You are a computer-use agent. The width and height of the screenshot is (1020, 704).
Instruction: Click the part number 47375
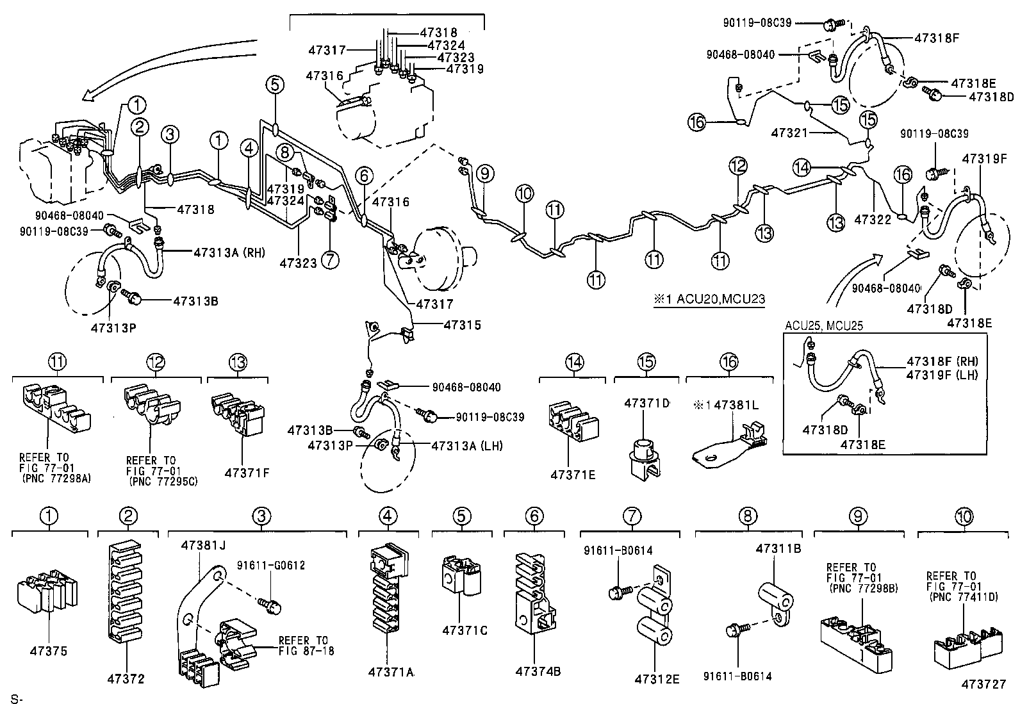click(48, 651)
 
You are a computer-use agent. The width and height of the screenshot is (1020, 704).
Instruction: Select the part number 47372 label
click(126, 678)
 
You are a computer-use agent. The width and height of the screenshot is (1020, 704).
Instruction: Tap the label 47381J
click(203, 546)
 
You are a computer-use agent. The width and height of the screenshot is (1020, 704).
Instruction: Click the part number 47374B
click(538, 671)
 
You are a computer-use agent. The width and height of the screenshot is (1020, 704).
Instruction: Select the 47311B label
click(778, 549)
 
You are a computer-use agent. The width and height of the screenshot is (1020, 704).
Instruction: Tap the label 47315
click(462, 325)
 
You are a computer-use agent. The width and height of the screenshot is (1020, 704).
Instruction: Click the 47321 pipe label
click(787, 133)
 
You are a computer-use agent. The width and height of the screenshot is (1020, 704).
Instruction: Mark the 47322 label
click(873, 220)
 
